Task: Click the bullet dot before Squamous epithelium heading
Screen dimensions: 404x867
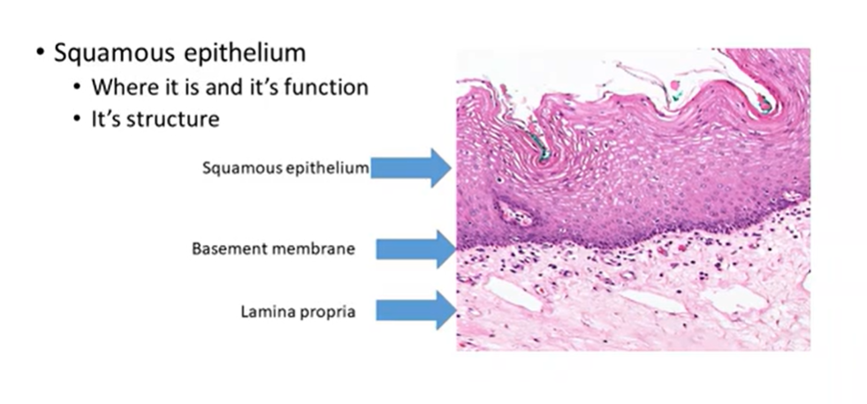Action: [x=40, y=52]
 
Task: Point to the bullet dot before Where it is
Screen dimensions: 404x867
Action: [x=79, y=88]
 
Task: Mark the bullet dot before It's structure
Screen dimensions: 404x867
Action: [x=79, y=118]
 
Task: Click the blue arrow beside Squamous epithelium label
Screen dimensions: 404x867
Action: [x=410, y=167]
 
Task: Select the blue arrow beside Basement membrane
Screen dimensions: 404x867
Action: [x=414, y=249]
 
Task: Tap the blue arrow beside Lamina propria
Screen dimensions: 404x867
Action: [x=414, y=310]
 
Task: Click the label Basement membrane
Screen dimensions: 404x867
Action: [x=273, y=249]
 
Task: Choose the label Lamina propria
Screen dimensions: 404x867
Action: [x=298, y=311]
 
